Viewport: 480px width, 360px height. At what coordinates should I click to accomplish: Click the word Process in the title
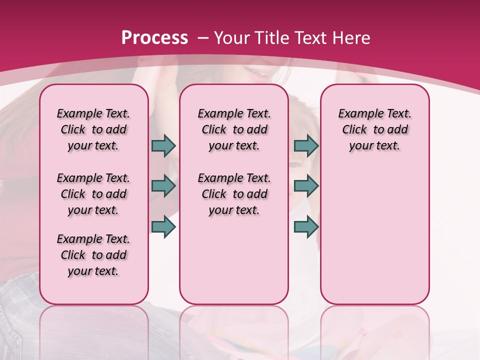click(x=154, y=37)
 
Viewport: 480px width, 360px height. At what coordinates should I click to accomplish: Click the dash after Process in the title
click(x=203, y=38)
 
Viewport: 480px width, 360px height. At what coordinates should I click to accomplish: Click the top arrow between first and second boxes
click(x=163, y=146)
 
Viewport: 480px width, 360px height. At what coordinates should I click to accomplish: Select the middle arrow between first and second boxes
click(x=163, y=186)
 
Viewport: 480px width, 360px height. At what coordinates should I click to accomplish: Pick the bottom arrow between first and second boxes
click(x=163, y=226)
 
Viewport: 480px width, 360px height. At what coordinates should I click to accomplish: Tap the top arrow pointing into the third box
click(x=306, y=146)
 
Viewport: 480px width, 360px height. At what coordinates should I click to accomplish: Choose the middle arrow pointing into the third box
click(x=306, y=186)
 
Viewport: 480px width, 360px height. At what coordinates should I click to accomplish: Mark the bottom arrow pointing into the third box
click(x=306, y=226)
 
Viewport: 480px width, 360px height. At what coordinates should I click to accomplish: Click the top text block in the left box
click(x=93, y=129)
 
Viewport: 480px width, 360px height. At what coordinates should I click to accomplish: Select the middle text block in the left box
click(x=93, y=194)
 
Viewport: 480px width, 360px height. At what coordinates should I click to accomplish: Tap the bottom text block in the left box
click(x=93, y=255)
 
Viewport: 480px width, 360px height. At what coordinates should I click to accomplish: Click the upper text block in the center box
click(x=234, y=129)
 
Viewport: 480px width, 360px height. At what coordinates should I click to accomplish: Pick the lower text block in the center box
click(x=234, y=194)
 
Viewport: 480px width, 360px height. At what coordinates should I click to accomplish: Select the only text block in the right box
click(x=374, y=129)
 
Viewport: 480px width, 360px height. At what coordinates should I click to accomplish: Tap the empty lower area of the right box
click(x=374, y=240)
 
